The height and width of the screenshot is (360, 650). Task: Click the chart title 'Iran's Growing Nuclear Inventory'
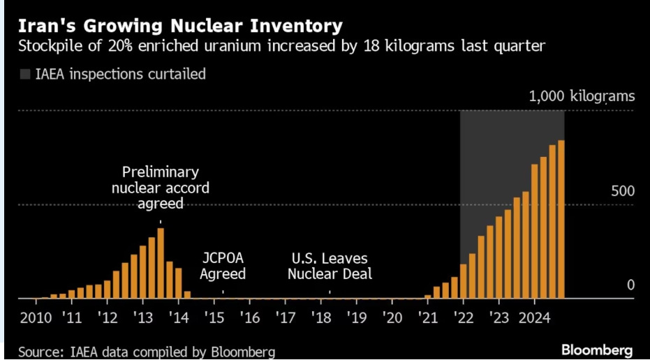180,27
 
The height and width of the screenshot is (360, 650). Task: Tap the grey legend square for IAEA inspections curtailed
25,74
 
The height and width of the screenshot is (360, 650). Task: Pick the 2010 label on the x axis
35,318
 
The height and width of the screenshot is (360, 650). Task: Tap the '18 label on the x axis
321,318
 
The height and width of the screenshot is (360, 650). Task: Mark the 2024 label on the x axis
536,318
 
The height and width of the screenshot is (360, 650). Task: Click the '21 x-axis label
427,318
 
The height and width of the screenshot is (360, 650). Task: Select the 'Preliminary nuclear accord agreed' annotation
161,188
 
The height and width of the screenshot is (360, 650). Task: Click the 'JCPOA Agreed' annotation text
223,266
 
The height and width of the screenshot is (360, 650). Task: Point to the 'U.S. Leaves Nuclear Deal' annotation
330,266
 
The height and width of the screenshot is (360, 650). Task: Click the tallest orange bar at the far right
561,219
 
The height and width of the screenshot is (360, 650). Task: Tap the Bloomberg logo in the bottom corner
597,349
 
